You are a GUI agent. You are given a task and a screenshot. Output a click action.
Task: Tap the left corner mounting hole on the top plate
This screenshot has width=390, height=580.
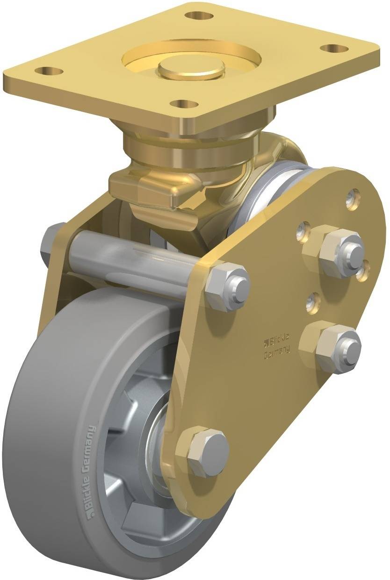(x=48, y=72)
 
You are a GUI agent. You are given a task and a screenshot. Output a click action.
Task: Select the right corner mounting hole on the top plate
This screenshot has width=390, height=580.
(x=335, y=48)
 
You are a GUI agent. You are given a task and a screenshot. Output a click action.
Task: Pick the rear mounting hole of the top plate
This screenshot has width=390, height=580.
(x=199, y=15)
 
